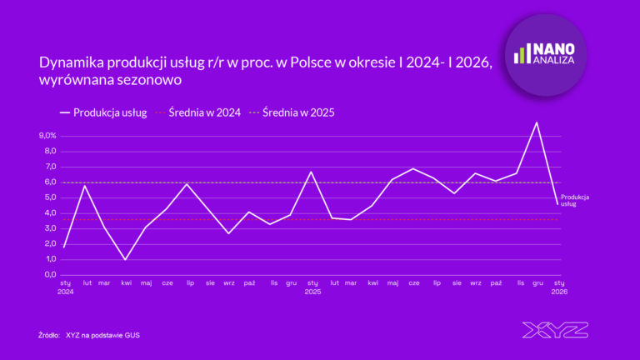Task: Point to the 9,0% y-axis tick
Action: (47, 136)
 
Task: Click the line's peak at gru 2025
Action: (537, 123)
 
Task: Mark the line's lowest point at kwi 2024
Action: (126, 259)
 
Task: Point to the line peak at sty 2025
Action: (311, 172)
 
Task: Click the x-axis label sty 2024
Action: (65, 287)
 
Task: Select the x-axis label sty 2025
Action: (312, 287)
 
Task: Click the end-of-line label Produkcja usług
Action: (576, 200)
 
